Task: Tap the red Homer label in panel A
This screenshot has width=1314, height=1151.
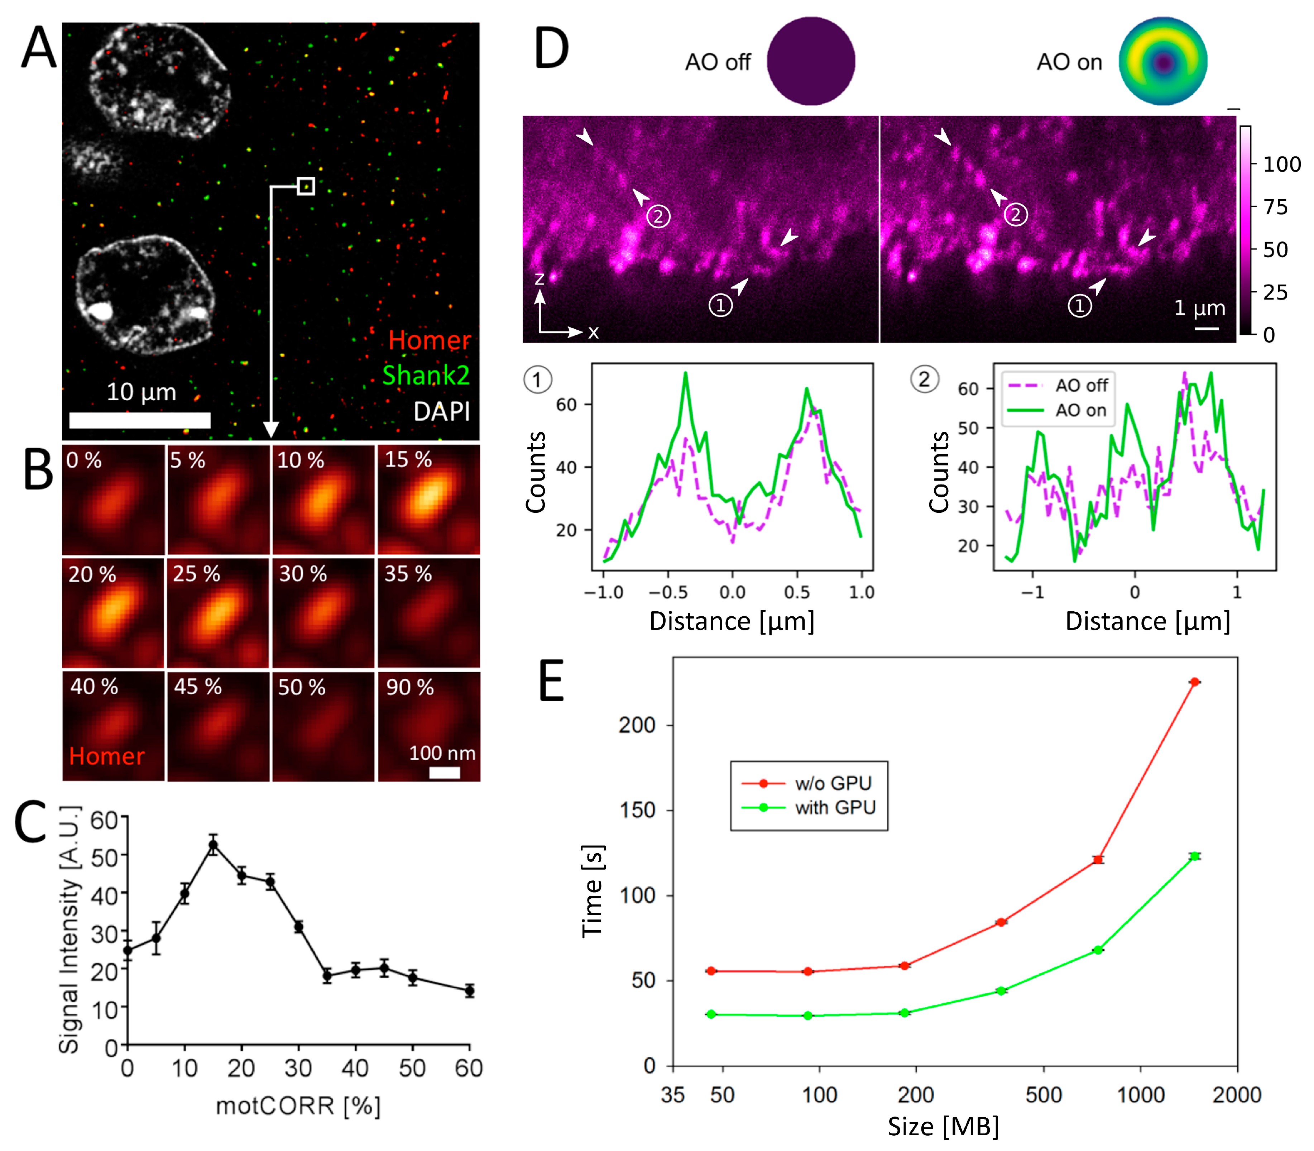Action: coord(429,340)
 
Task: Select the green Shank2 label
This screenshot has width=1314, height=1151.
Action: coord(426,375)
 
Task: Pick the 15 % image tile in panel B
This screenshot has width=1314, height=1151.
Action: coord(428,500)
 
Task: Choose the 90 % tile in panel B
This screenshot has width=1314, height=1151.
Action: coord(428,726)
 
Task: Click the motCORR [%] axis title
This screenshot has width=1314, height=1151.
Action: coord(298,1105)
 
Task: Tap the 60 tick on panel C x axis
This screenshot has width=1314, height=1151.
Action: coord(469,1068)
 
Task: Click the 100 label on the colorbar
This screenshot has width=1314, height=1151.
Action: coord(1281,164)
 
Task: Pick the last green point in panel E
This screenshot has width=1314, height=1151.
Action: coord(1194,856)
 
